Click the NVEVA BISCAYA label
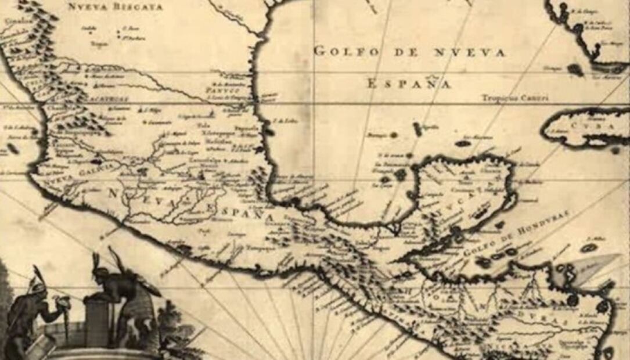click(x=116, y=7)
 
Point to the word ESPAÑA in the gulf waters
click(x=409, y=84)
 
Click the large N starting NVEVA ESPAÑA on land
click(x=114, y=193)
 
